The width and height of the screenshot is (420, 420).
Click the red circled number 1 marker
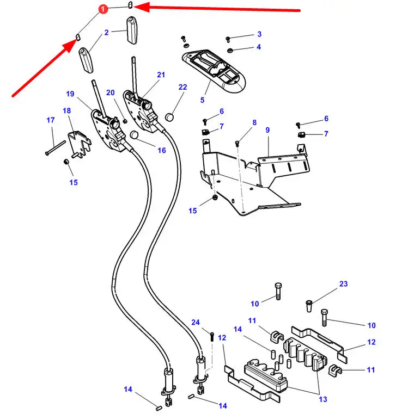coord(103,9)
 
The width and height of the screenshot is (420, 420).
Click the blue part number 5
coord(202,100)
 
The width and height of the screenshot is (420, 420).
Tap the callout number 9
coord(267,130)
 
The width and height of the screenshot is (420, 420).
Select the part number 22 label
coord(182,87)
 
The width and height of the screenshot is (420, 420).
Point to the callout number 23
coord(343,284)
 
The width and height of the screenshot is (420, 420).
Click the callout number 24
coord(196,323)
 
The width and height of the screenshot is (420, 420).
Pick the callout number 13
coord(322,399)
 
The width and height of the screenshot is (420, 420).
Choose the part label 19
coord(70,94)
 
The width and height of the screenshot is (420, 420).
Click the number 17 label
coord(51,120)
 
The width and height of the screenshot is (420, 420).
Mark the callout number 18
coord(67,111)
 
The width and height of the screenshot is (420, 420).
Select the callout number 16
coord(161,150)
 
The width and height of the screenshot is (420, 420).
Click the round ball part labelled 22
coord(169,116)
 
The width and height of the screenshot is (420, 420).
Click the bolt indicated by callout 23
coord(309,305)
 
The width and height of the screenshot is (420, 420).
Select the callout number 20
coord(111,92)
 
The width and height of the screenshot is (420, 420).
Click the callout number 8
coord(254,123)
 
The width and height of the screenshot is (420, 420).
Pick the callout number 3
coord(259,34)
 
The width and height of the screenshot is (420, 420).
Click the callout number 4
coord(259,47)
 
